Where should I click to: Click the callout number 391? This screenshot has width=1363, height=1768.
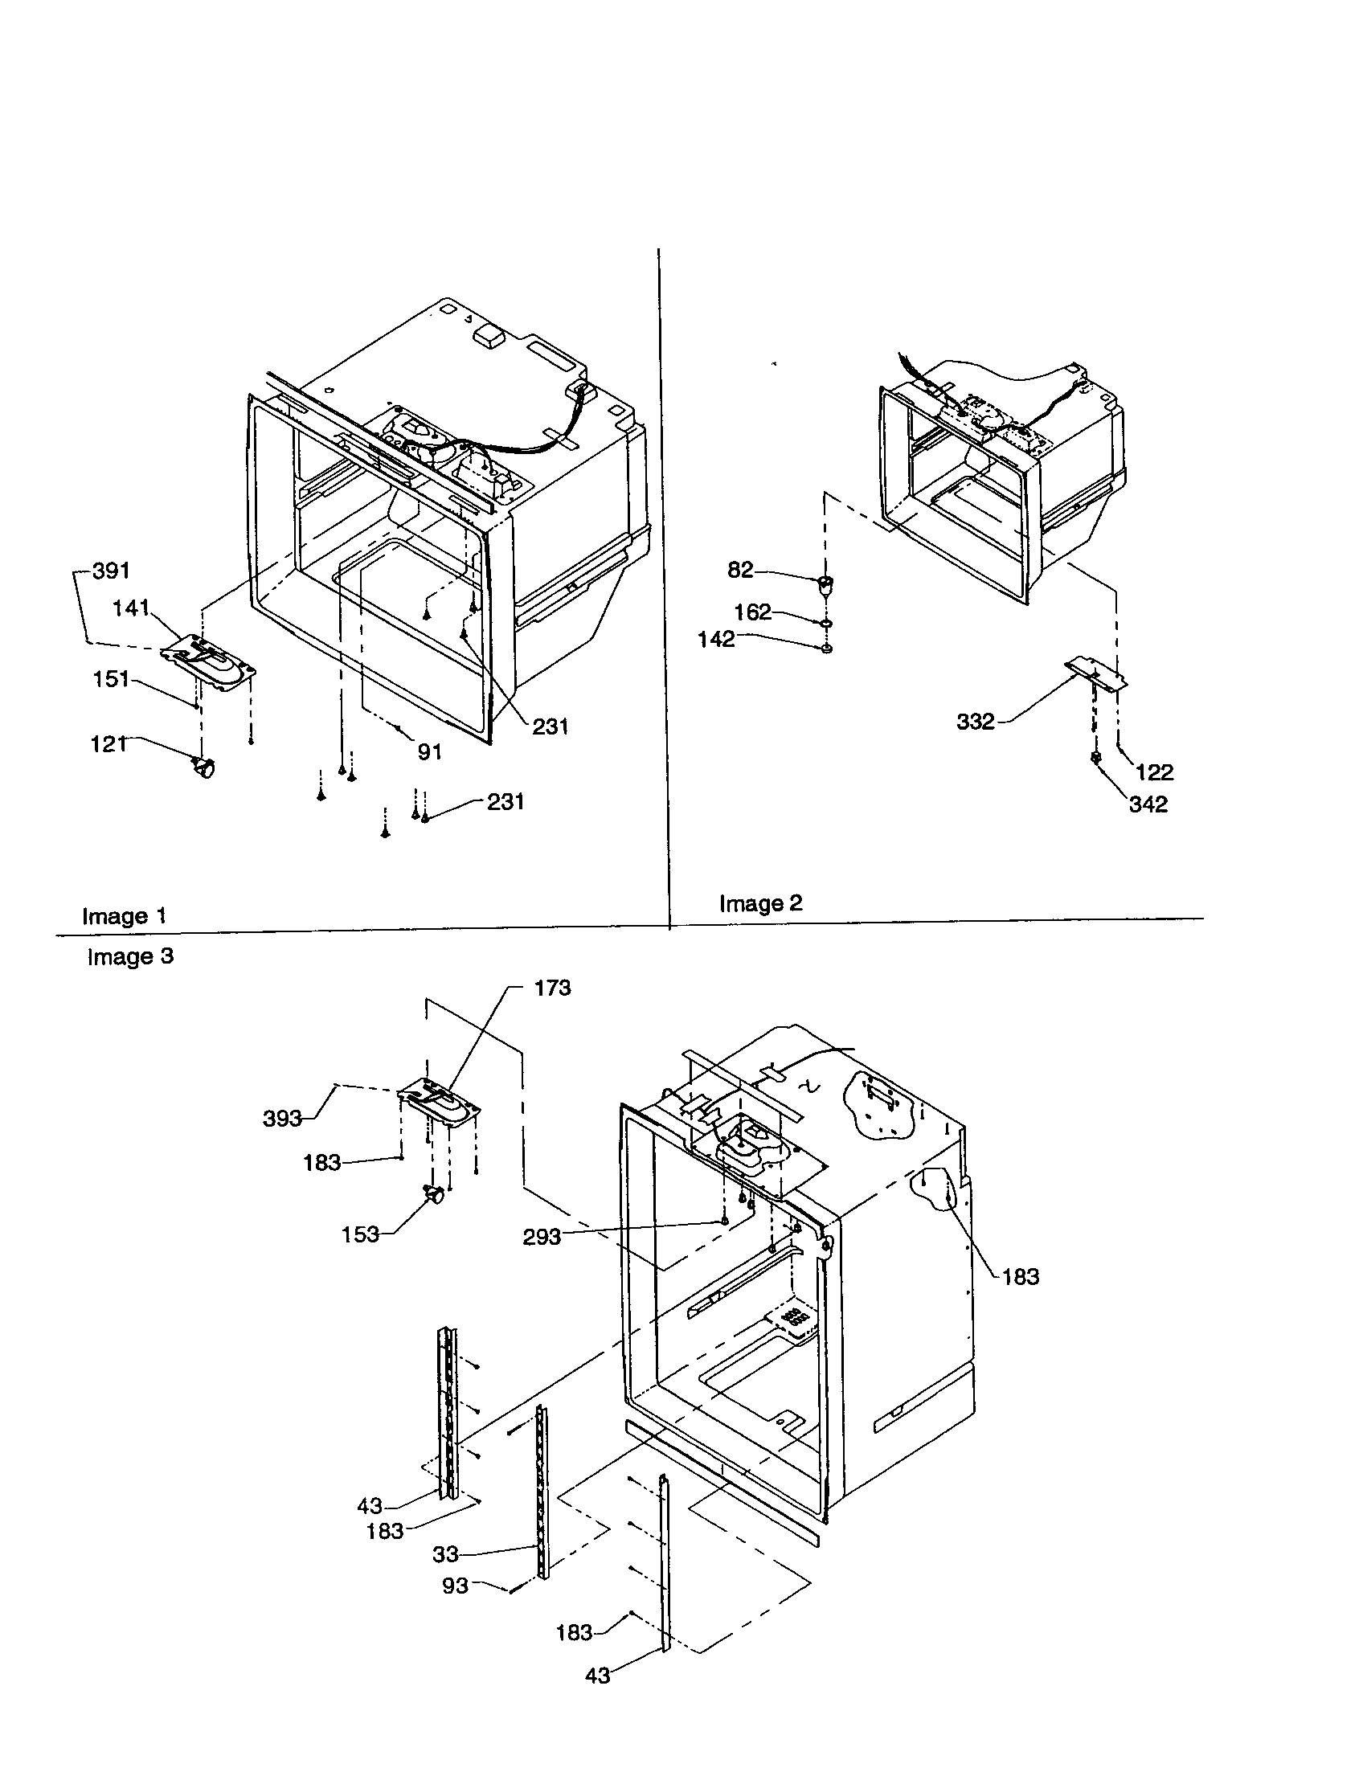[x=111, y=571]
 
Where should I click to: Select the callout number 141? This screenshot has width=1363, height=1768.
[x=131, y=608]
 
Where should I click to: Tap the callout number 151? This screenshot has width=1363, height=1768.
[x=112, y=678]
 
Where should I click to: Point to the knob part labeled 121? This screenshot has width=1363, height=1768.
[x=204, y=766]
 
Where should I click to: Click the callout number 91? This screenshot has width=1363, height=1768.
[x=430, y=752]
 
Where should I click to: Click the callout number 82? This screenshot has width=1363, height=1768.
[x=741, y=570]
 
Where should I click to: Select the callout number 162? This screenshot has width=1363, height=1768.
[x=753, y=612]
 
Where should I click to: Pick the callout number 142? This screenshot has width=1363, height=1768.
[x=716, y=640]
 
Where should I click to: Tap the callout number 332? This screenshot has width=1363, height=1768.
[x=976, y=722]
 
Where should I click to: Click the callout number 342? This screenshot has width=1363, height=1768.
[x=1148, y=804]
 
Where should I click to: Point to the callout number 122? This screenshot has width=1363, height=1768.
[x=1154, y=772]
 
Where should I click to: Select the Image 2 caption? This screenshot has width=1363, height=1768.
[x=761, y=903]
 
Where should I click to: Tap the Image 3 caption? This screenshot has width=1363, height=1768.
[x=130, y=957]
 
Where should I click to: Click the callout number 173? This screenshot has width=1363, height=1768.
[x=552, y=988]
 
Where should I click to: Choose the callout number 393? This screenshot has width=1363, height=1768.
[x=282, y=1119]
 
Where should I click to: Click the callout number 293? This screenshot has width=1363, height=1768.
[x=542, y=1237]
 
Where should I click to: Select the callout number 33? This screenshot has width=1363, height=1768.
[x=445, y=1554]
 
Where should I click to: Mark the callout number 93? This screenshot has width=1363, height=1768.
[x=455, y=1585]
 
